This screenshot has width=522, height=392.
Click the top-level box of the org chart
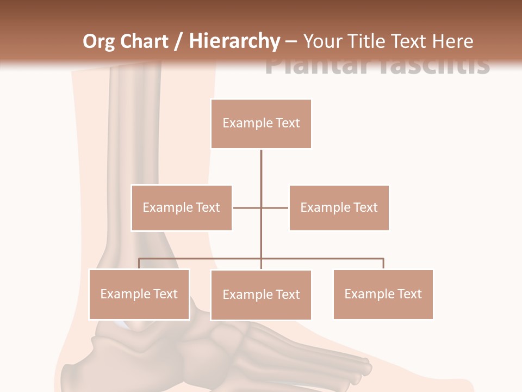(x=261, y=124)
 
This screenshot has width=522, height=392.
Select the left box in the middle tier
(x=181, y=207)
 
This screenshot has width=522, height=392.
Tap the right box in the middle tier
(x=339, y=207)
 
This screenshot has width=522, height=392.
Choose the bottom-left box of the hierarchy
(x=139, y=294)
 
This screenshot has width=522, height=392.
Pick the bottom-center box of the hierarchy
(x=261, y=295)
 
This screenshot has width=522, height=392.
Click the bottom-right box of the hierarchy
(x=383, y=294)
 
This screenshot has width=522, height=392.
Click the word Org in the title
(x=98, y=41)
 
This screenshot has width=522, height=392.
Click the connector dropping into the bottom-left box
(x=139, y=264)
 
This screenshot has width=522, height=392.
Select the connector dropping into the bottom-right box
(x=383, y=264)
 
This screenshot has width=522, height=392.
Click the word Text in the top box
(x=287, y=123)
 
